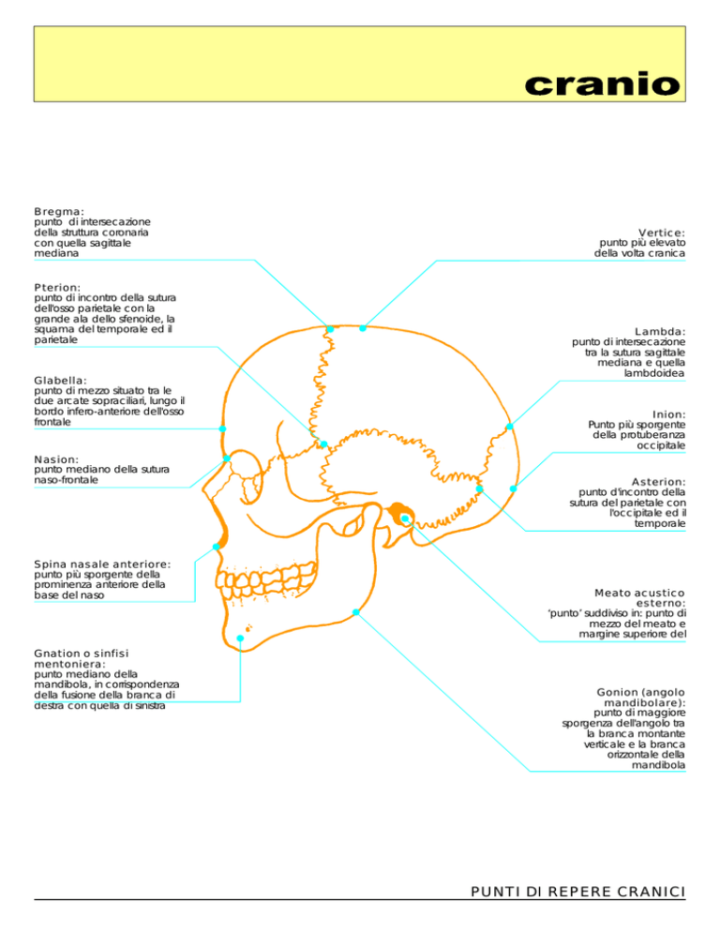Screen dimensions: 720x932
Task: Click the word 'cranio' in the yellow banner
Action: [x=602, y=84]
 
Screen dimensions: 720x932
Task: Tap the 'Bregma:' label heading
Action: [x=59, y=212]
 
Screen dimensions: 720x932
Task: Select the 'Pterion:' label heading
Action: [x=57, y=288]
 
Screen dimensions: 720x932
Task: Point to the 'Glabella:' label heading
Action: [x=60, y=381]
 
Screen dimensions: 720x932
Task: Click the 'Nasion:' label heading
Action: [x=56, y=459]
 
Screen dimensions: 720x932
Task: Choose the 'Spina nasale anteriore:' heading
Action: [x=102, y=564]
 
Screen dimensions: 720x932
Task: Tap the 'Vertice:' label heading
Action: [x=662, y=233]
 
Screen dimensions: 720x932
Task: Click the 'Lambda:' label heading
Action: [x=660, y=332]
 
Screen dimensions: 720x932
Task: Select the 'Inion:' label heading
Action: [x=668, y=414]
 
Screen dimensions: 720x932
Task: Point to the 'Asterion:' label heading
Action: [x=658, y=482]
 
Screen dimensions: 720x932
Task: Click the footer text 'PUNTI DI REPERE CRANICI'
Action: [x=577, y=892]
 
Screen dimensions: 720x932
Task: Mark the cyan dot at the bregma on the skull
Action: [x=330, y=329]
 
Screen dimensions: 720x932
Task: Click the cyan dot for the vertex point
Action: [x=363, y=328]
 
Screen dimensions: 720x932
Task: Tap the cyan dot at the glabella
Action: [x=222, y=428]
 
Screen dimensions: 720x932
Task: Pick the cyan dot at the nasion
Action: [x=227, y=458]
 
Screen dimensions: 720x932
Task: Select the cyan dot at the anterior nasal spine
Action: [x=217, y=547]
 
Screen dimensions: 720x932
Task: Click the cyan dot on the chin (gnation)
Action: [x=240, y=639]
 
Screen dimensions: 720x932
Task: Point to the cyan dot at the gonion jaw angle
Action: [x=355, y=612]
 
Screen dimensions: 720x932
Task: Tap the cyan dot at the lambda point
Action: [x=509, y=427]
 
